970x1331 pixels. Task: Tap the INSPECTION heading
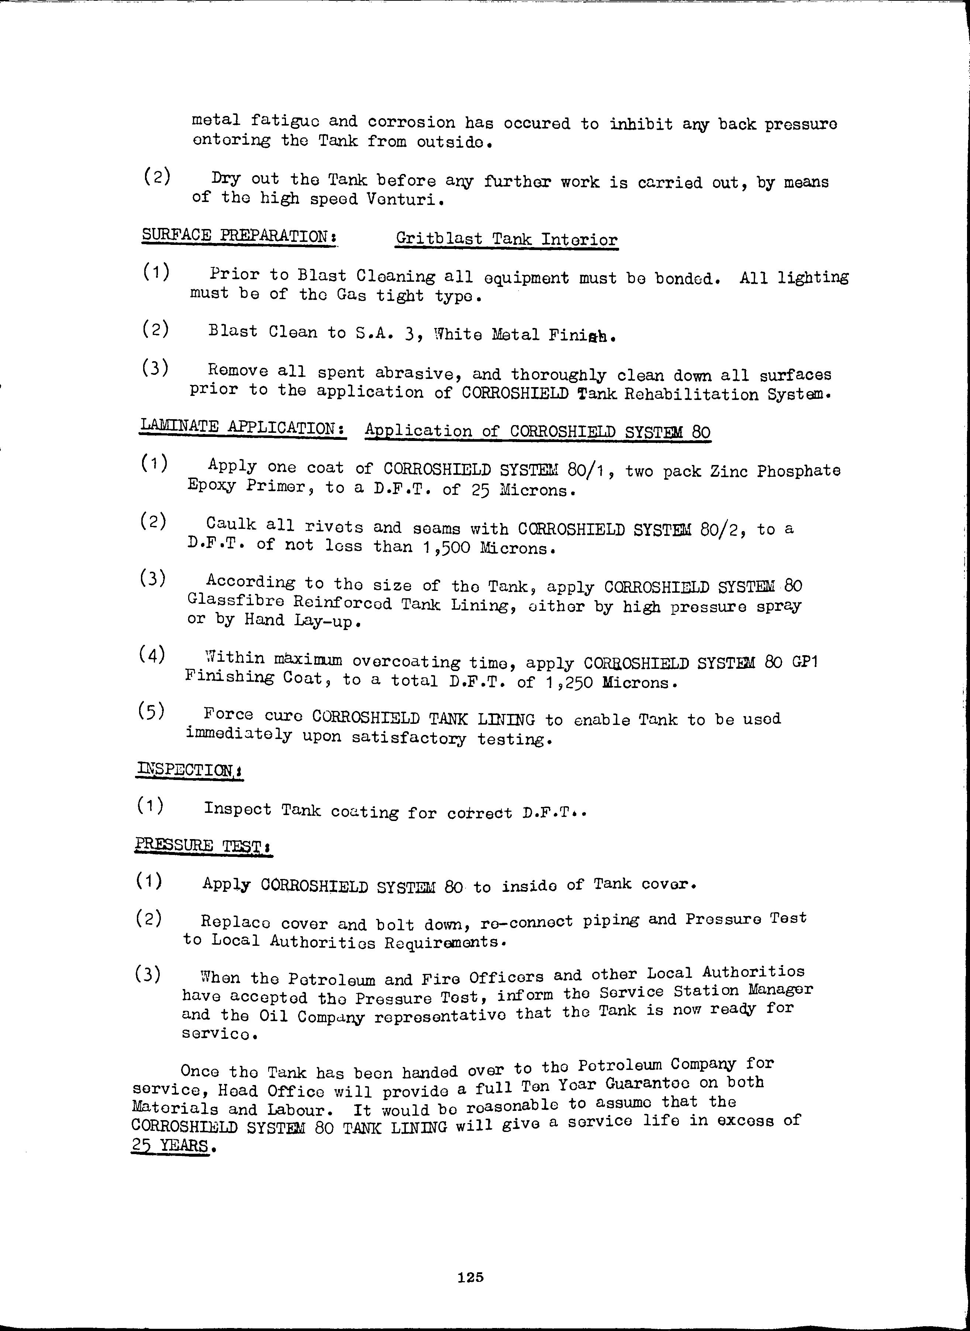coord(189,769)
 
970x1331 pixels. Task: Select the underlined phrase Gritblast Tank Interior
coord(506,239)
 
